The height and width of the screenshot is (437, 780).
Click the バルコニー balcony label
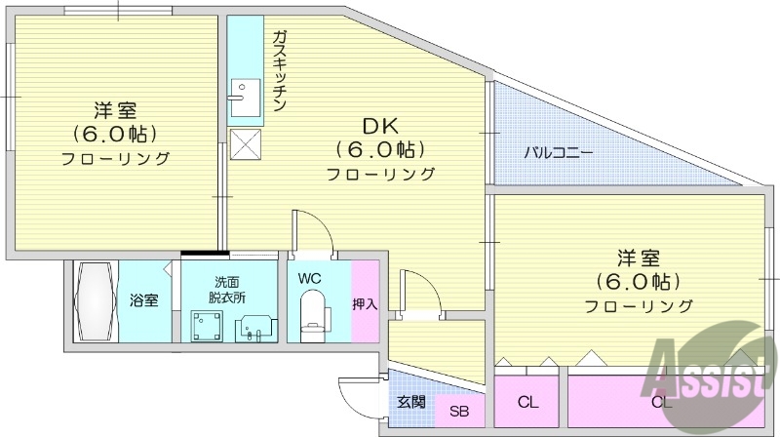click(x=559, y=152)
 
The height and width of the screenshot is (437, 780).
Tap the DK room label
click(x=380, y=127)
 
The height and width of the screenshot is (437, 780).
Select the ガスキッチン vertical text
click(x=280, y=71)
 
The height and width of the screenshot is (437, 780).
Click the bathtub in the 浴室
click(x=96, y=299)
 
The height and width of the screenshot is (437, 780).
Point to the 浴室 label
click(x=144, y=300)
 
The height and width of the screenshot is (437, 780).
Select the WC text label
click(x=310, y=278)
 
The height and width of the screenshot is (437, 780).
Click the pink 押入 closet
click(x=365, y=301)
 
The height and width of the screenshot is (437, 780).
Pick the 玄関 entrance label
click(x=410, y=401)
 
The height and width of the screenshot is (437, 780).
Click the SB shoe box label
click(x=458, y=412)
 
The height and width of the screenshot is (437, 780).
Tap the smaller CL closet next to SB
click(x=528, y=402)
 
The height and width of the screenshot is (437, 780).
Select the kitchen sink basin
click(x=242, y=95)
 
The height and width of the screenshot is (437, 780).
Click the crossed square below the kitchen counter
click(x=244, y=145)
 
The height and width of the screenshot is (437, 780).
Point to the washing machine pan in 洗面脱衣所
click(x=207, y=323)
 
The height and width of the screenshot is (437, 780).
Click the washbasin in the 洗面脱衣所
click(x=255, y=325)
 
